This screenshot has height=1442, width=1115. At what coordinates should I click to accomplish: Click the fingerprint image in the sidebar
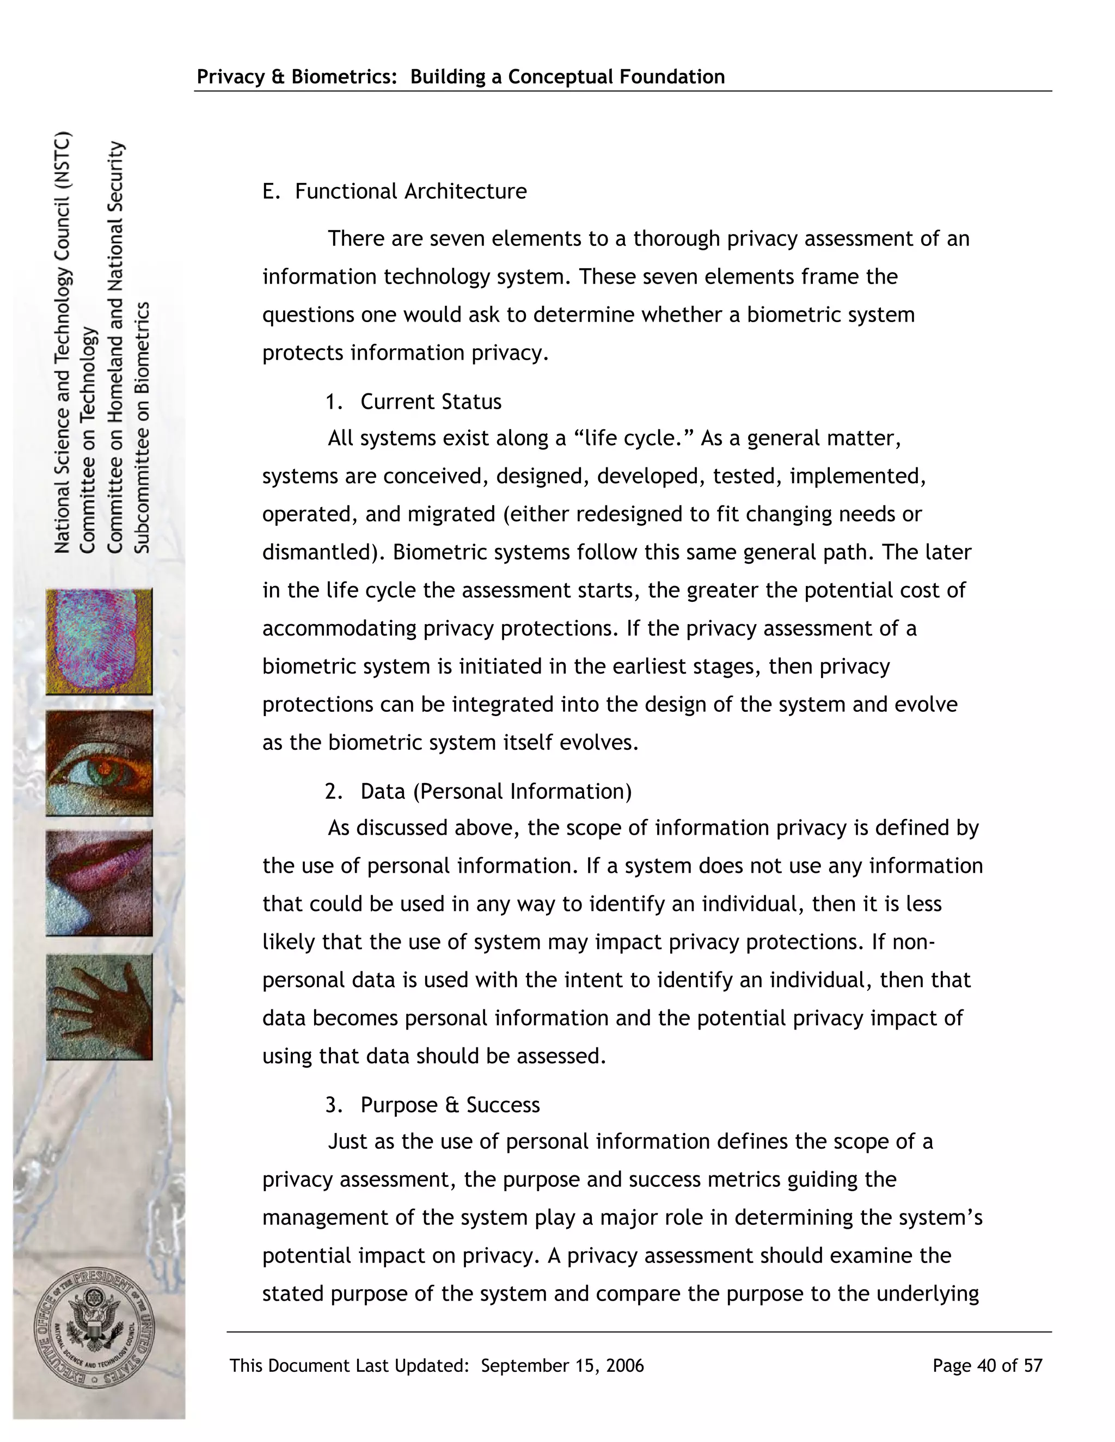(x=99, y=641)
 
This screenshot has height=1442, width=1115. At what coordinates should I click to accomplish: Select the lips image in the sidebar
(x=99, y=883)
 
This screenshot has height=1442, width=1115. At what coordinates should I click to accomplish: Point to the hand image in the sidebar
(x=99, y=1006)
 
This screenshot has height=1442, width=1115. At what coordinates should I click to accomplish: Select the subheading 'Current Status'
(x=431, y=402)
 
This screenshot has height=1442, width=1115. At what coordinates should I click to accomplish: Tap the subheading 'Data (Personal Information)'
(x=495, y=791)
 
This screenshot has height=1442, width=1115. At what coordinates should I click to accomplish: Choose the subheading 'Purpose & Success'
(x=450, y=1105)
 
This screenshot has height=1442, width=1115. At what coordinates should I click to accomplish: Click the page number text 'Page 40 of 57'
(x=987, y=1365)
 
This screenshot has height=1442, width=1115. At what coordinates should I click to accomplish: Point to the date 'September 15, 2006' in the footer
(x=562, y=1365)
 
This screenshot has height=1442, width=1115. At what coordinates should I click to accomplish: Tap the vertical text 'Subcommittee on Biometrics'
(x=143, y=427)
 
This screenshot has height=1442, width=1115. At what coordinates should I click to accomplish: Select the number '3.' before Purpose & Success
(x=334, y=1105)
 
